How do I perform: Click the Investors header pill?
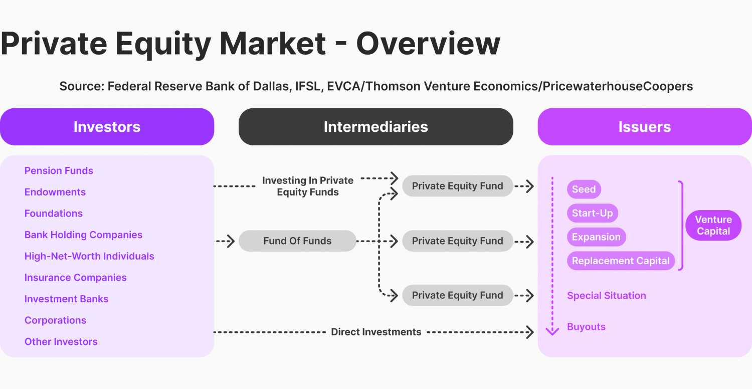[107, 127]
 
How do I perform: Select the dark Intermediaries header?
[375, 127]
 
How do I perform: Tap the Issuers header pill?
[644, 127]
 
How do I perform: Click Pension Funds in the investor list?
[59, 171]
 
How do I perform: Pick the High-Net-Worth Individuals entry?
[89, 256]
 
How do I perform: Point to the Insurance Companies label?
[75, 278]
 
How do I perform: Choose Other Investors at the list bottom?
[61, 342]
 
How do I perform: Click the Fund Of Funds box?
[297, 241]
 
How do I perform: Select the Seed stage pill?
[584, 189]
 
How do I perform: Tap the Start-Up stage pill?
[592, 213]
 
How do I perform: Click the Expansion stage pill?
[596, 237]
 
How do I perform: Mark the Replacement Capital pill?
[621, 261]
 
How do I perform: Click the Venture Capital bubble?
[713, 226]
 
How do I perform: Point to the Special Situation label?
[606, 296]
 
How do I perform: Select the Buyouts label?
[586, 327]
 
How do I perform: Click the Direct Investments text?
[376, 332]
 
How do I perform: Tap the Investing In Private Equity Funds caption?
[308, 186]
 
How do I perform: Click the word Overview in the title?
[428, 44]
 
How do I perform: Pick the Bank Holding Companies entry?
[83, 235]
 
